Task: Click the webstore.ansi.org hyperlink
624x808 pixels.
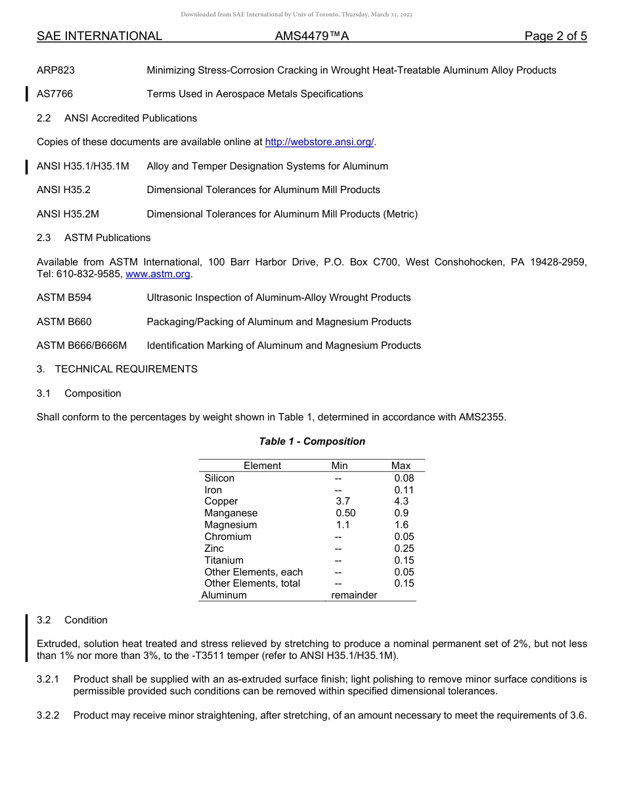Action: (319, 142)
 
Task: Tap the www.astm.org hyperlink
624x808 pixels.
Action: (158, 274)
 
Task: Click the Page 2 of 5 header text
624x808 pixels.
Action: (555, 36)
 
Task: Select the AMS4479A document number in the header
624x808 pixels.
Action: (311, 36)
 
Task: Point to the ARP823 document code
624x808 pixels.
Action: (55, 70)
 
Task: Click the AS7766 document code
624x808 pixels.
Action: (55, 94)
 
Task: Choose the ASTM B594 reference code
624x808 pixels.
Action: (64, 298)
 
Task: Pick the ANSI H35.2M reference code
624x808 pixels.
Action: (68, 214)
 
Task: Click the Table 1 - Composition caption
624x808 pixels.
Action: (312, 441)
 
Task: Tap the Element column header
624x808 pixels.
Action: (262, 466)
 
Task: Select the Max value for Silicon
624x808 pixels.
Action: (404, 478)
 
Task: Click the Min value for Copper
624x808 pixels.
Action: (342, 501)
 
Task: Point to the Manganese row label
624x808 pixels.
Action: (231, 513)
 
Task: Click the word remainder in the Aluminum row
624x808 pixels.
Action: (354, 595)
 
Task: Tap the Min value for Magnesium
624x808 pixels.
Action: (342, 525)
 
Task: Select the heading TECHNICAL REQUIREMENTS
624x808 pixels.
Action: (126, 369)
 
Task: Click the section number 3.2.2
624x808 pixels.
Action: (48, 715)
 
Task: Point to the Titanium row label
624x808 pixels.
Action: (223, 560)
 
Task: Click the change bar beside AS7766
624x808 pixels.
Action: (26, 94)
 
